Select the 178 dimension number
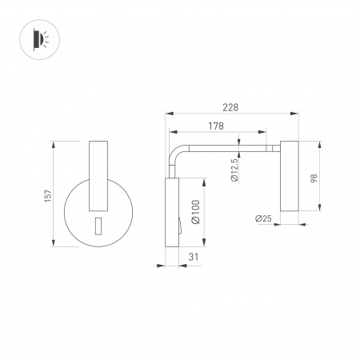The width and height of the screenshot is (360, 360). click(x=214, y=126)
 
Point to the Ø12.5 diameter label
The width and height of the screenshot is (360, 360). click(x=234, y=170)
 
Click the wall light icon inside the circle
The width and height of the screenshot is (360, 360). click(x=38, y=38)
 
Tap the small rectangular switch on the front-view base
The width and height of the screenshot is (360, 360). click(x=98, y=226)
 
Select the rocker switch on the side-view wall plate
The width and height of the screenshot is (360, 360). click(x=180, y=226)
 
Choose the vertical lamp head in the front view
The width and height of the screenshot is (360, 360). click(x=98, y=173)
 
